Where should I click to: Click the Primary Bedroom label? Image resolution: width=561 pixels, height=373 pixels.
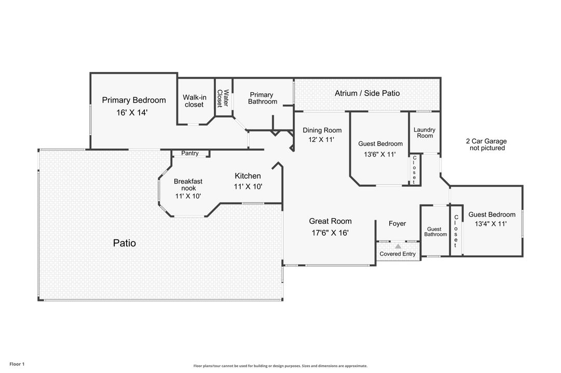pyautogui.click(x=133, y=100)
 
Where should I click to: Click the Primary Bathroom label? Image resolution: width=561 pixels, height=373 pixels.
pyautogui.click(x=262, y=98)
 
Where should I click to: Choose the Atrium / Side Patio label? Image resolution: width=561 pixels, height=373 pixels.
pyautogui.click(x=367, y=93)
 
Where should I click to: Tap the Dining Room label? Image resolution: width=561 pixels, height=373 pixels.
pyautogui.click(x=322, y=131)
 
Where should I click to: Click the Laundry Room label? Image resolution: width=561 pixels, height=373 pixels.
pyautogui.click(x=425, y=133)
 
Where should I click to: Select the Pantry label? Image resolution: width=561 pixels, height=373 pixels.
pyautogui.click(x=190, y=153)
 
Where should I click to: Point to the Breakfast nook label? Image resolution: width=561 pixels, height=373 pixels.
pyautogui.click(x=188, y=185)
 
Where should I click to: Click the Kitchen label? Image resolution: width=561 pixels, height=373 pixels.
pyautogui.click(x=248, y=176)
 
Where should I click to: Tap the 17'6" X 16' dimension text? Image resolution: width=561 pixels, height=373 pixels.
pyautogui.click(x=330, y=233)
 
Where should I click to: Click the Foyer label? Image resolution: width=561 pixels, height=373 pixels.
pyautogui.click(x=398, y=223)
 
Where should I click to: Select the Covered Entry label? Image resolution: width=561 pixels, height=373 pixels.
pyautogui.click(x=398, y=254)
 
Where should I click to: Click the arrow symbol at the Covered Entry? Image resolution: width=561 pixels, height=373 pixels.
pyautogui.click(x=398, y=247)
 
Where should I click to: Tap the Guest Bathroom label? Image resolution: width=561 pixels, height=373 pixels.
pyautogui.click(x=435, y=232)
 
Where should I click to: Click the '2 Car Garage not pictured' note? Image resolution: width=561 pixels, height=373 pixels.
pyautogui.click(x=486, y=144)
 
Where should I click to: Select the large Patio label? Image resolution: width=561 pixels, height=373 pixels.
pyautogui.click(x=125, y=242)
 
